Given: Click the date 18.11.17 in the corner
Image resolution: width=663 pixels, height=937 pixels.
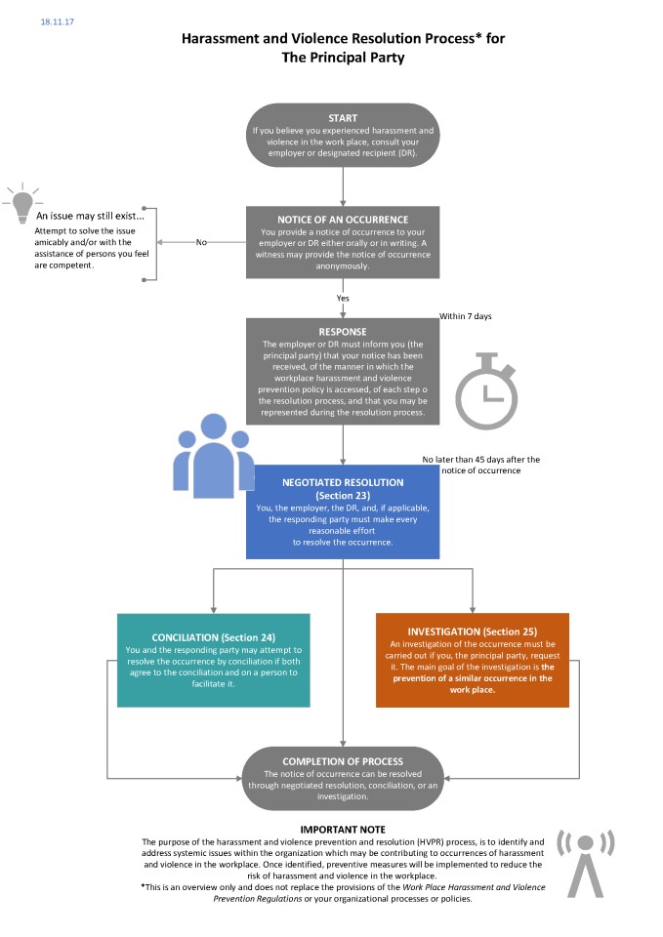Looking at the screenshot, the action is point(57,22).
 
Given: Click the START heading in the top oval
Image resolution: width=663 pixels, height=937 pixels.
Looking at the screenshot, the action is point(343,118).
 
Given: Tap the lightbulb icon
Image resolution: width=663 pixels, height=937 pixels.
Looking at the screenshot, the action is point(22,203).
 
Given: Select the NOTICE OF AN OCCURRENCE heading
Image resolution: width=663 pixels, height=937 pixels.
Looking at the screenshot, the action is point(343,220).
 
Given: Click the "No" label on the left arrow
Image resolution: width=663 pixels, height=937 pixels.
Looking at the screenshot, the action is point(201,242).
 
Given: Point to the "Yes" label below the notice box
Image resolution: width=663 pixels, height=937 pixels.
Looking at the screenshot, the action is point(343,299).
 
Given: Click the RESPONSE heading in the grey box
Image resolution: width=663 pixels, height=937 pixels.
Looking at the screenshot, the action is point(343,332).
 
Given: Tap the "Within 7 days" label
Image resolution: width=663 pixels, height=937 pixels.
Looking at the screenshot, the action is point(465,316).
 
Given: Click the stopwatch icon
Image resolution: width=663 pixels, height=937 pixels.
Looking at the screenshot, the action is point(486,391).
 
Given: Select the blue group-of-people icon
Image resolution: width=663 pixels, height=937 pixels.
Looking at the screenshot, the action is point(213,456).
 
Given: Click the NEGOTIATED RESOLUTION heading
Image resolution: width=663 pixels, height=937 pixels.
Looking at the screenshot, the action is point(343,482).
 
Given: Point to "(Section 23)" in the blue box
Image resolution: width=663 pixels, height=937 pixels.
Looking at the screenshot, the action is point(343,496).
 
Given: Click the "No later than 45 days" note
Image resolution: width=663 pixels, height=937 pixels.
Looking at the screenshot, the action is point(480,465).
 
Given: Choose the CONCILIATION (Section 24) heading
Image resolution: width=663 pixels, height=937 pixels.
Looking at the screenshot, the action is point(214,637).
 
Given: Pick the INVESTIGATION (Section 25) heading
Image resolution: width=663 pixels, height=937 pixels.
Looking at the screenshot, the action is point(473,631).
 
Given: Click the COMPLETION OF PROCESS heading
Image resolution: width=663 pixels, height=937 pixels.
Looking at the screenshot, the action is point(343,762).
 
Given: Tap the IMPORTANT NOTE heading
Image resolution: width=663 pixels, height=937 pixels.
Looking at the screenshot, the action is point(343,830).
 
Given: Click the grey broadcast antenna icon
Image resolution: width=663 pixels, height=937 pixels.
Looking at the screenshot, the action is point(585,863).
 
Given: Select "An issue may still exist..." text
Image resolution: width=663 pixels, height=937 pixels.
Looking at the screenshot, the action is point(90,216).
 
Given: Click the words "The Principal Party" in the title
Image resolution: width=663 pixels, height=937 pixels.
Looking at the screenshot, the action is point(343,58).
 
